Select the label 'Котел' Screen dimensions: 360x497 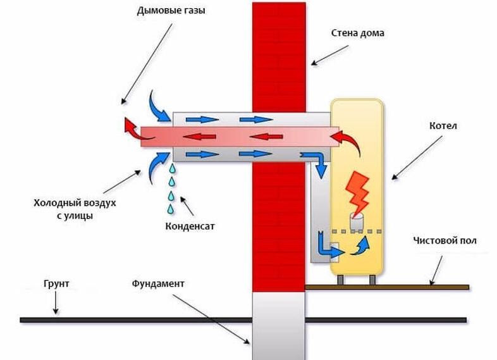click(446, 126)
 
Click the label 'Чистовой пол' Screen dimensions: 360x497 click(445, 241)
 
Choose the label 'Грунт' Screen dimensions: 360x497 click(56, 284)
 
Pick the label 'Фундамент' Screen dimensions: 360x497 click(158, 283)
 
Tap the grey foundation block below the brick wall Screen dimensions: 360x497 click(278, 326)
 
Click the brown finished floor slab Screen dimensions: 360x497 click(386, 287)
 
